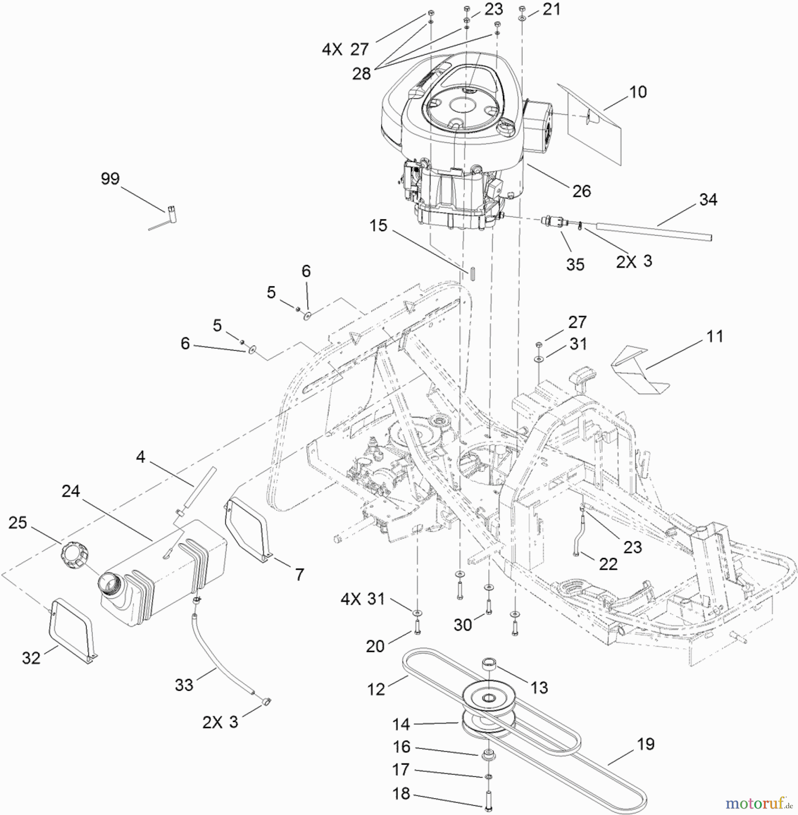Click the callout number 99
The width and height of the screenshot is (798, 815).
point(110,179)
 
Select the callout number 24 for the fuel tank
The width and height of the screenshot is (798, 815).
point(71,491)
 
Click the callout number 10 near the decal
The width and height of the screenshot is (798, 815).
point(638,92)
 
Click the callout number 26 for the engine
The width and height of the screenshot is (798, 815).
point(581,191)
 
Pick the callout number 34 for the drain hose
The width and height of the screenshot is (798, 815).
point(708,200)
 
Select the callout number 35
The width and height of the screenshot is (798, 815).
point(575,264)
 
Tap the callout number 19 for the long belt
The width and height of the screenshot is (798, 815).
point(645,744)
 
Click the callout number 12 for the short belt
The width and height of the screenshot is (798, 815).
point(376,689)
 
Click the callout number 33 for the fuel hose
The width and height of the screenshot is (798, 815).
point(184,685)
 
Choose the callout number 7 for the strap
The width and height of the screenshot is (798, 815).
point(299,575)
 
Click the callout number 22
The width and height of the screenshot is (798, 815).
point(608,564)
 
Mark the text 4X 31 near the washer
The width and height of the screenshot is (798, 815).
point(363,599)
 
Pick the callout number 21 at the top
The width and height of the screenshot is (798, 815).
point(551,10)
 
